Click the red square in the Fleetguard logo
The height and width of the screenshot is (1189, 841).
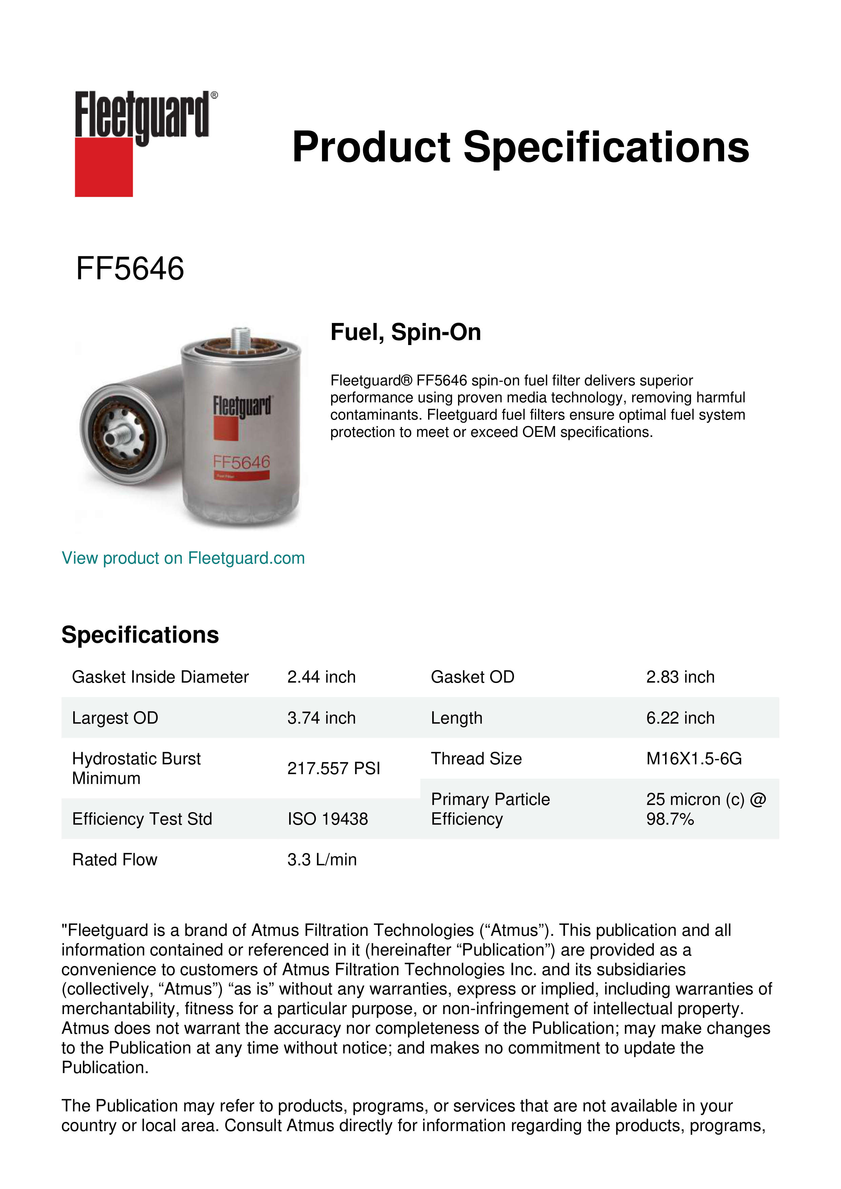click(x=104, y=167)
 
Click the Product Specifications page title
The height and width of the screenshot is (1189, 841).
click(x=520, y=147)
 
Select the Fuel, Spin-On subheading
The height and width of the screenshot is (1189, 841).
click(x=405, y=332)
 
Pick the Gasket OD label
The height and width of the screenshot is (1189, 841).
click(x=472, y=677)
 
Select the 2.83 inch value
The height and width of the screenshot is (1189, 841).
click(x=680, y=677)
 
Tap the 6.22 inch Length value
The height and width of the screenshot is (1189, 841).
click(x=680, y=718)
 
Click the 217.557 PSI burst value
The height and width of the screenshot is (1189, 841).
click(x=334, y=768)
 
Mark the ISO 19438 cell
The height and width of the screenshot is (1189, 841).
click(x=327, y=819)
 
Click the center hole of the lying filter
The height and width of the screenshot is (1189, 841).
click(x=110, y=439)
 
